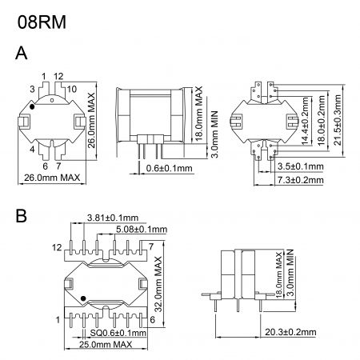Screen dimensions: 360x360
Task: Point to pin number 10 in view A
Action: [71, 88]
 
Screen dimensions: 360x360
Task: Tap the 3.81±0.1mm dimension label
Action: [111, 218]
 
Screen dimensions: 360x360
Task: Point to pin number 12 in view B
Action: [57, 249]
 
